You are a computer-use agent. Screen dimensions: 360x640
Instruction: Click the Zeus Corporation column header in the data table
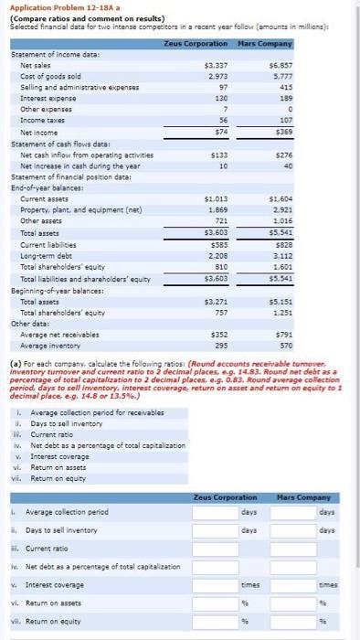196,44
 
